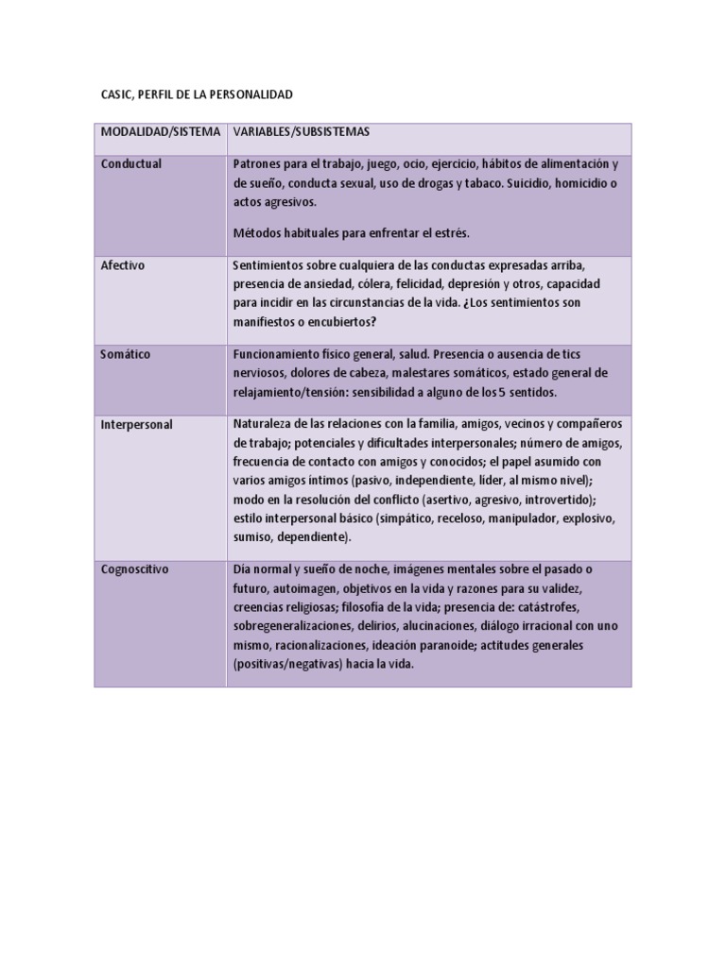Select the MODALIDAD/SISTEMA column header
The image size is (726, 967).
pos(160,132)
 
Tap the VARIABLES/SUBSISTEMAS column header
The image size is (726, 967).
pos(302,132)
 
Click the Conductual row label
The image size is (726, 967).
pos(131,164)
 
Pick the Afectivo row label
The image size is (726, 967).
pos(123,265)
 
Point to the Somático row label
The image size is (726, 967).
pos(126,354)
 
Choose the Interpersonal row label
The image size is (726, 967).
pos(136,425)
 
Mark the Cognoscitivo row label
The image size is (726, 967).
pos(135,569)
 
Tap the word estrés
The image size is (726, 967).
pos(452,232)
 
